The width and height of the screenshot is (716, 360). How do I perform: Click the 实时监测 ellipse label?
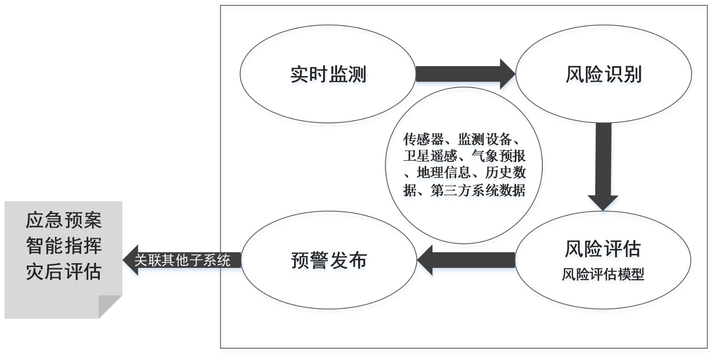(x=328, y=74)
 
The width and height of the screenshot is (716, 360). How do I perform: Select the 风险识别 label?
(x=604, y=74)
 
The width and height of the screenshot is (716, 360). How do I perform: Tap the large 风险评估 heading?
(x=602, y=249)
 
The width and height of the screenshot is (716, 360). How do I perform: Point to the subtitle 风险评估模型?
(x=603, y=274)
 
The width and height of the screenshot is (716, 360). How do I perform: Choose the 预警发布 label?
(x=329, y=260)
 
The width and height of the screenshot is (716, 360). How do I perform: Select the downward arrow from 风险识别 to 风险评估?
(x=603, y=165)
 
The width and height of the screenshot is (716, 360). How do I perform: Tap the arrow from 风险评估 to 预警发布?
(x=465, y=260)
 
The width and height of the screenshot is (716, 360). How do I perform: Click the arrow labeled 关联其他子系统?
(x=182, y=260)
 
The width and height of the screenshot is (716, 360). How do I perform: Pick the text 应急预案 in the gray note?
(x=64, y=220)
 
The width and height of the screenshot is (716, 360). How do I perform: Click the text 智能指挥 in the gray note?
(x=64, y=246)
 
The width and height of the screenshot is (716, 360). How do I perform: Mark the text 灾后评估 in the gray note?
(x=64, y=271)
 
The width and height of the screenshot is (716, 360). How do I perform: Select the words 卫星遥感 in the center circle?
(x=430, y=156)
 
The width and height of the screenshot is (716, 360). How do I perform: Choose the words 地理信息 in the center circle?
(x=443, y=173)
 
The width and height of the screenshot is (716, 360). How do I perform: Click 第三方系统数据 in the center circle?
(x=477, y=190)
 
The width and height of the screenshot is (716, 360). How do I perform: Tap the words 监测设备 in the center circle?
(x=485, y=139)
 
